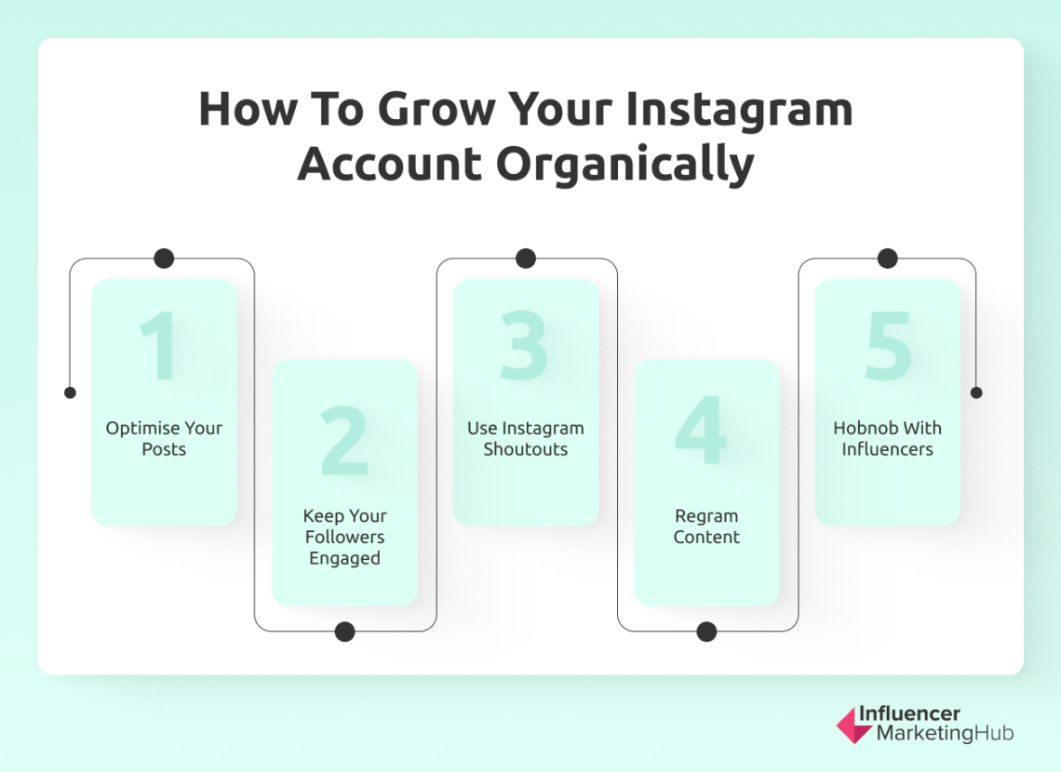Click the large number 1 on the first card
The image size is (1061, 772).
click(x=160, y=346)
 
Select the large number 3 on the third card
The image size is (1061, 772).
click(x=525, y=346)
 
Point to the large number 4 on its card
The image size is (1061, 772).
click(x=703, y=433)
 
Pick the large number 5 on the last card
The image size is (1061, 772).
click(x=887, y=346)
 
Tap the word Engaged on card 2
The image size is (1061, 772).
click(x=344, y=558)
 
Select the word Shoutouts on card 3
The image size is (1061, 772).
click(x=525, y=449)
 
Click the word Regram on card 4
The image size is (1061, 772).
click(x=706, y=515)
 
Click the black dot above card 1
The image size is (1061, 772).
click(x=164, y=259)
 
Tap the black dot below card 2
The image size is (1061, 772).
click(x=344, y=632)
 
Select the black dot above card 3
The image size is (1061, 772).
click(x=526, y=259)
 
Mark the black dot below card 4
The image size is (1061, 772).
click(x=706, y=632)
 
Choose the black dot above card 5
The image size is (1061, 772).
click(x=887, y=259)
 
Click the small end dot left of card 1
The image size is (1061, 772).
click(x=70, y=393)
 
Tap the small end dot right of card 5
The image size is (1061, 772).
click(x=976, y=393)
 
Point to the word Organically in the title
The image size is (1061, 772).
click(x=625, y=164)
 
